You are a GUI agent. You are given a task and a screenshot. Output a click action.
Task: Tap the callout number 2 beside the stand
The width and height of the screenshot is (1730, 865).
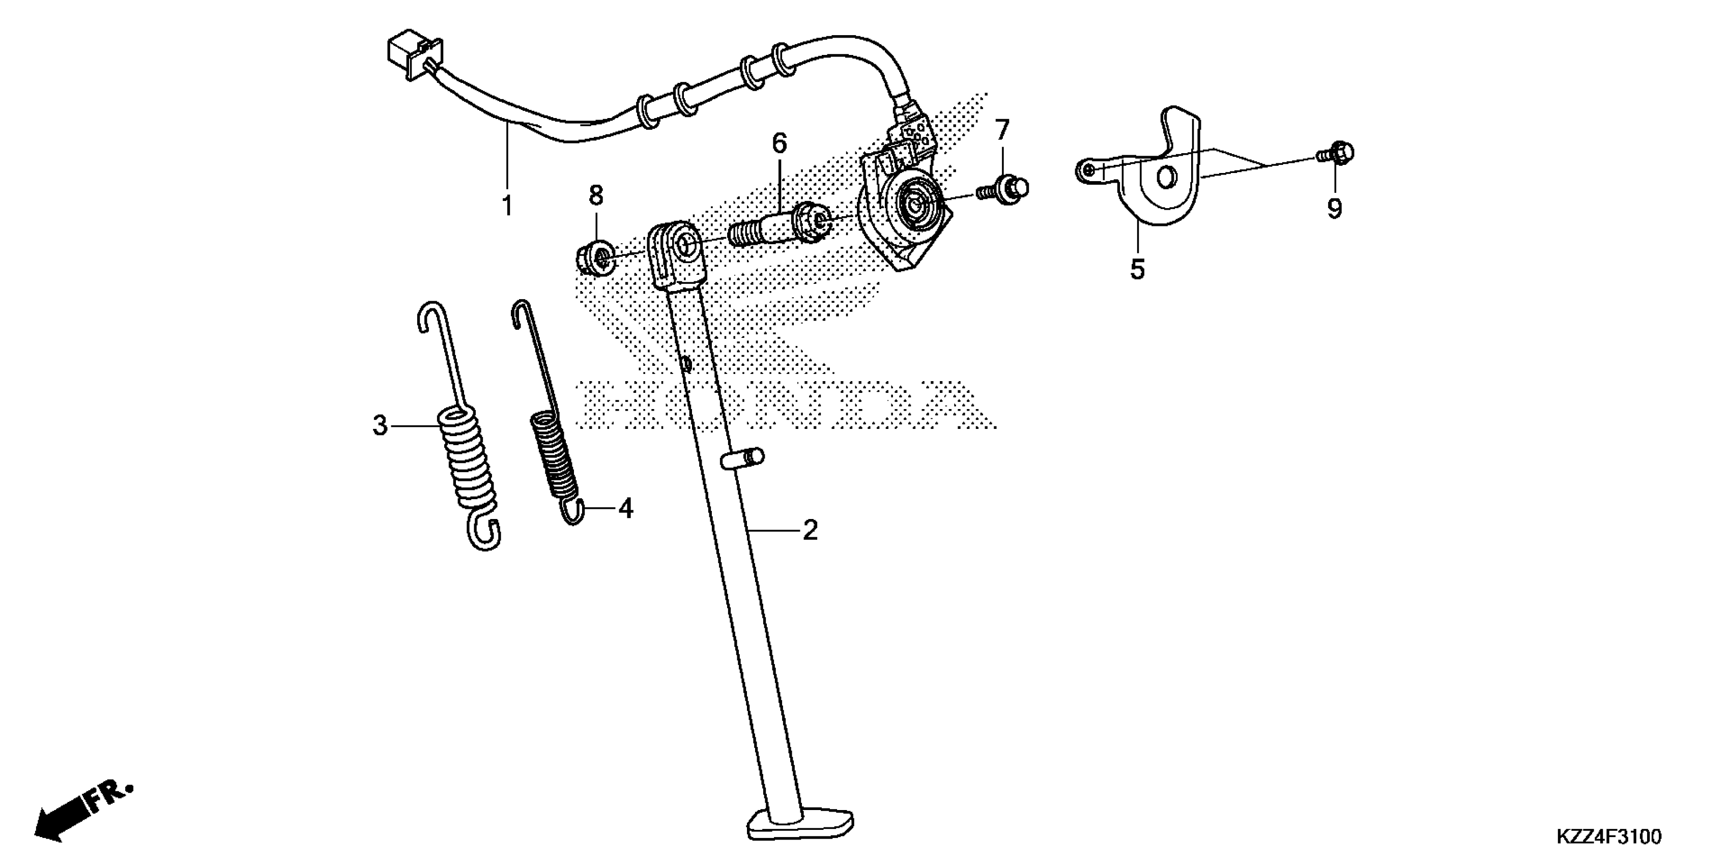(x=810, y=531)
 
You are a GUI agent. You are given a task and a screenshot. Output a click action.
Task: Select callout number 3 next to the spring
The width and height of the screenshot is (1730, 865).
(x=380, y=426)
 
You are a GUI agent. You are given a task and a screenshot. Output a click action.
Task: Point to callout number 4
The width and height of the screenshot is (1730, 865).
(x=625, y=508)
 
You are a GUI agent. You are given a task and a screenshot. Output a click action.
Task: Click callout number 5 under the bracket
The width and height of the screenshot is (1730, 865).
(x=1137, y=269)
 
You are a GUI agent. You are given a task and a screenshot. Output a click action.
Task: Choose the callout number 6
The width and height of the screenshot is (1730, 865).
(x=779, y=143)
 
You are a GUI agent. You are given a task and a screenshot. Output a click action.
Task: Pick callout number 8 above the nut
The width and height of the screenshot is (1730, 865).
(x=596, y=195)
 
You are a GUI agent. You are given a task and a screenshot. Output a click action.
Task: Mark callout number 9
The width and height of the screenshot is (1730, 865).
(x=1335, y=209)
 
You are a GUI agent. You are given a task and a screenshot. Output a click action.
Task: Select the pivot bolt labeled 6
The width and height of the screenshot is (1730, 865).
(x=779, y=227)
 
